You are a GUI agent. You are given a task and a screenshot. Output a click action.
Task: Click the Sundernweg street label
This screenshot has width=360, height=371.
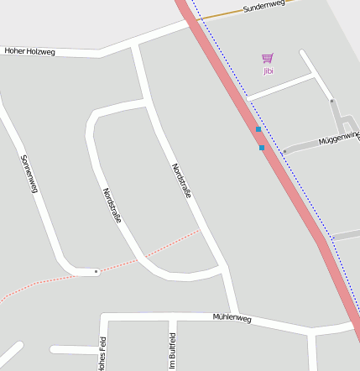[263, 7]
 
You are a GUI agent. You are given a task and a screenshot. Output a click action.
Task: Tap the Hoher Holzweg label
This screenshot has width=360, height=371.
[29, 51]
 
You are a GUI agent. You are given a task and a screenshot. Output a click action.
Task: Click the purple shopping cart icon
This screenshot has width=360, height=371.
[268, 58]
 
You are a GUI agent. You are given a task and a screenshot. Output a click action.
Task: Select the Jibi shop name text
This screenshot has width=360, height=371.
[269, 71]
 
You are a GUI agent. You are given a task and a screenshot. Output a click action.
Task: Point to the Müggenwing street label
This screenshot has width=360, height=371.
[338, 138]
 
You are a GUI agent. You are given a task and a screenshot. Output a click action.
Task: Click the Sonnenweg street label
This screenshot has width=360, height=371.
[29, 174]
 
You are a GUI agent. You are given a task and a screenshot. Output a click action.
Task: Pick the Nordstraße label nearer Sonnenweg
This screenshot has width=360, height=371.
[112, 205]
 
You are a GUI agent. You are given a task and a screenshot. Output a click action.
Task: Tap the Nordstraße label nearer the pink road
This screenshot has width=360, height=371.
[181, 180]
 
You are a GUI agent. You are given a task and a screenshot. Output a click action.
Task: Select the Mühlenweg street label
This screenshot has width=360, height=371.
[232, 318]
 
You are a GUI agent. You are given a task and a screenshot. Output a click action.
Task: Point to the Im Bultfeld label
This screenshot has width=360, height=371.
[172, 352]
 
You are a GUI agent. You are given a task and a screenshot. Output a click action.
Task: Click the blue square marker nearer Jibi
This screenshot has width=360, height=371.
[258, 129]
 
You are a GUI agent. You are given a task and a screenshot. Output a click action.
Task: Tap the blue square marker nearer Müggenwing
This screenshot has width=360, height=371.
[262, 148]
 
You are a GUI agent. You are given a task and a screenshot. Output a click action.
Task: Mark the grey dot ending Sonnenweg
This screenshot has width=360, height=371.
[97, 271]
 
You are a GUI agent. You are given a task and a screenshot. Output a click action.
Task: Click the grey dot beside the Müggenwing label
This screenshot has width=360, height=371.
[284, 152]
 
